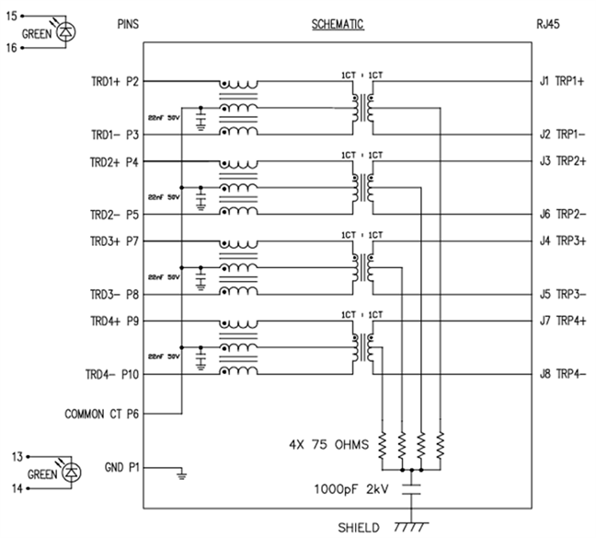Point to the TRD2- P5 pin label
click(114, 215)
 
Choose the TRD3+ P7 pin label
click(114, 241)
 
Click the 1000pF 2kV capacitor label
click(353, 487)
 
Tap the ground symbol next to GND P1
click(181, 474)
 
